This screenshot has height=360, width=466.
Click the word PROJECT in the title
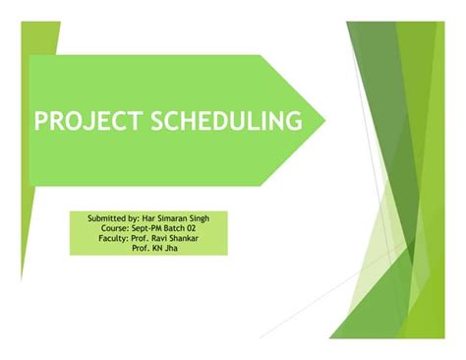click(x=87, y=121)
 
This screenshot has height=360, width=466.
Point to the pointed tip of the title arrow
click(x=324, y=121)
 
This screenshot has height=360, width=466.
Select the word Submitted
click(x=106, y=215)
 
